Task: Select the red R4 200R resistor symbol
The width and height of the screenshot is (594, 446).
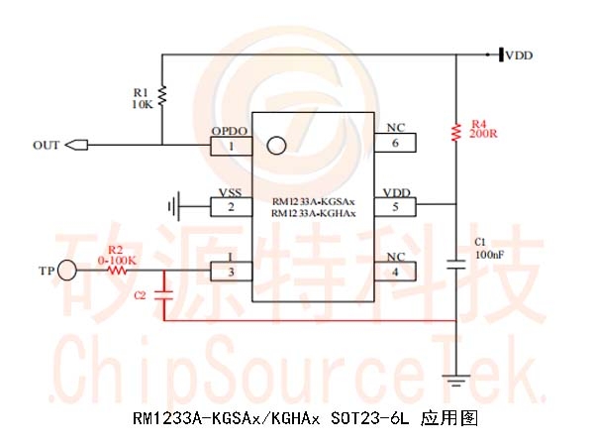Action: point(456,131)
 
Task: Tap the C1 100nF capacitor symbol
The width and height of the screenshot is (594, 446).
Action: point(456,265)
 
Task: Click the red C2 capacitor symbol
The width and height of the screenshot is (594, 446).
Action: point(166,294)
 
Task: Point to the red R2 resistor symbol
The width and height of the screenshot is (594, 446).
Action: point(119,269)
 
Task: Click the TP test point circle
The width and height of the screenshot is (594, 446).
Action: point(68,269)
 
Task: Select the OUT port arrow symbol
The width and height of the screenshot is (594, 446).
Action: point(75,146)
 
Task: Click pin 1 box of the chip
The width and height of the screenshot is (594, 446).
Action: point(232,146)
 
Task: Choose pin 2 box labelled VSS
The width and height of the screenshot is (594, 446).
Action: point(232,206)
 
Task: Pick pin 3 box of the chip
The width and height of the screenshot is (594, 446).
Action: point(232,271)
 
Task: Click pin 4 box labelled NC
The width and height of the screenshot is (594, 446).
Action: point(395,271)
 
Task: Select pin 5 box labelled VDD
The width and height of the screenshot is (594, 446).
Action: point(395,206)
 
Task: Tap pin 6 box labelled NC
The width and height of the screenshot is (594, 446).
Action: point(395,143)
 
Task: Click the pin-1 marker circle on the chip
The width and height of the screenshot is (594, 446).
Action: point(277,146)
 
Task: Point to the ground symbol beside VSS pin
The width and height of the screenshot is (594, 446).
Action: point(174,206)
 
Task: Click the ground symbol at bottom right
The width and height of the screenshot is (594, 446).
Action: point(456,378)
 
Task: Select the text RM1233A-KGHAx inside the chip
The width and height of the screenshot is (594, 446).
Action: point(313,213)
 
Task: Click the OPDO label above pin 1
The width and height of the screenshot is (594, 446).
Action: point(229,130)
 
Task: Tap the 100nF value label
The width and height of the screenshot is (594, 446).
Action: point(490,255)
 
